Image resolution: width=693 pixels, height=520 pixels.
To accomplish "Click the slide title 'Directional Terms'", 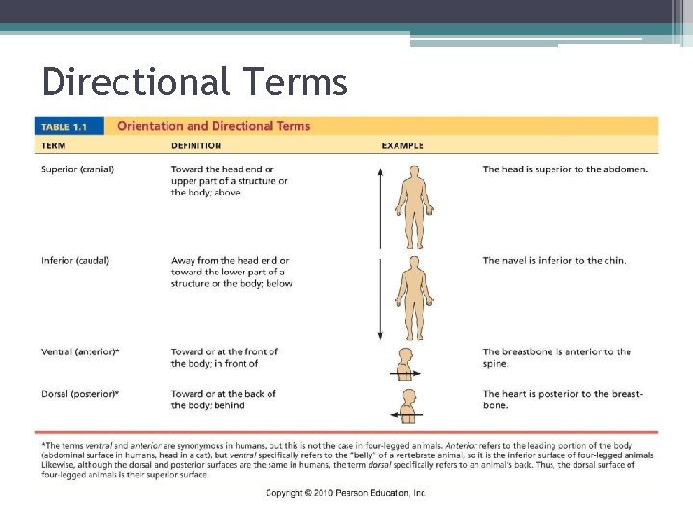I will (x=193, y=84).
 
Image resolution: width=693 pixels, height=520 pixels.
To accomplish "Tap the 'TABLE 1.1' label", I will (x=68, y=126).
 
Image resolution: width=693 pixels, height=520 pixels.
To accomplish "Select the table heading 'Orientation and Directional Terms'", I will (x=214, y=126).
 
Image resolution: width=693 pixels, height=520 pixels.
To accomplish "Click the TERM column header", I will (x=53, y=146).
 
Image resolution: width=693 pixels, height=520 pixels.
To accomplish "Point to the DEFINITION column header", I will (x=196, y=146).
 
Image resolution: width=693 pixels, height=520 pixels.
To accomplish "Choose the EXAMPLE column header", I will (x=401, y=146).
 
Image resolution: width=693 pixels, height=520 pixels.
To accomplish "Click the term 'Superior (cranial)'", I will (x=77, y=169).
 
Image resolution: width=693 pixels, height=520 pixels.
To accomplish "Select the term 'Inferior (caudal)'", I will (x=75, y=260).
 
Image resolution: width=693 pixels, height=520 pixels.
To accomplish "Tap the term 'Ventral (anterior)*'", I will (x=81, y=351).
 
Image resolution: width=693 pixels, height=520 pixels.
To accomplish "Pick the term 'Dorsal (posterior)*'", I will (x=81, y=394).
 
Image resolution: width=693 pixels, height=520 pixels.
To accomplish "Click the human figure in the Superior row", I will (x=415, y=206).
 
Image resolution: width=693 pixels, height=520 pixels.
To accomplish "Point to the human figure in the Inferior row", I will (x=415, y=297).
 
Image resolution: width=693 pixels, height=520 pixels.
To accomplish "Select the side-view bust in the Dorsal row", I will (x=406, y=403).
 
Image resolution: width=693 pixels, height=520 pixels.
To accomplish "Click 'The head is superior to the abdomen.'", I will (x=565, y=169).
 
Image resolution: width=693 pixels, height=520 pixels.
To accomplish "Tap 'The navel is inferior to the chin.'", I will (x=553, y=260).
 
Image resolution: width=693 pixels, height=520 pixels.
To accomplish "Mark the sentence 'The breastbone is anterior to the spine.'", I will (x=556, y=357).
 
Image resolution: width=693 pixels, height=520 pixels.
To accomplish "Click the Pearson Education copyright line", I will (x=346, y=493).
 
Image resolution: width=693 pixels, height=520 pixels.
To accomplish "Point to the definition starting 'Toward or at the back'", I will (x=223, y=400).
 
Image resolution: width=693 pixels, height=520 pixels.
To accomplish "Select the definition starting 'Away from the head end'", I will (x=231, y=272).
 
